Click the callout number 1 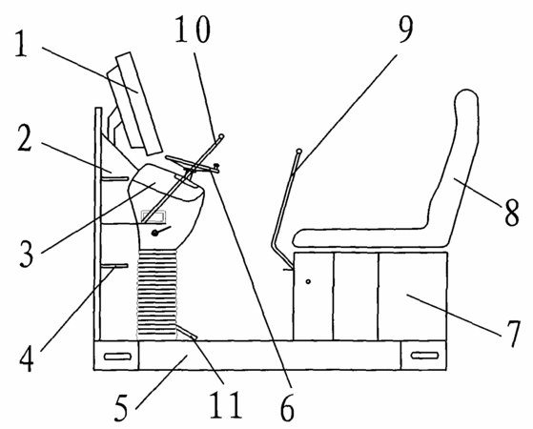pyautogui.click(x=22, y=45)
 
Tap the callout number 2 pyautogui.click(x=25, y=137)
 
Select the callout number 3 pyautogui.click(x=26, y=254)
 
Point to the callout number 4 pyautogui.click(x=26, y=358)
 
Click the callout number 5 pyautogui.click(x=121, y=408)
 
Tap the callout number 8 pyautogui.click(x=512, y=213)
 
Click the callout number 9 pyautogui.click(x=405, y=30)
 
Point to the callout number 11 pyautogui.click(x=226, y=405)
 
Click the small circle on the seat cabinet pyautogui.click(x=308, y=281)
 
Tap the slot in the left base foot pyautogui.click(x=117, y=357)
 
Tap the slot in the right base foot pyautogui.click(x=424, y=356)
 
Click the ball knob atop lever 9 pyautogui.click(x=299, y=151)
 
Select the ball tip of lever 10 pyautogui.click(x=221, y=136)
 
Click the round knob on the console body pyautogui.click(x=155, y=233)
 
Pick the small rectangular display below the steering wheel pyautogui.click(x=154, y=216)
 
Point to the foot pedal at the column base pyautogui.click(x=187, y=332)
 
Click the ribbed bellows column pyautogui.click(x=156, y=295)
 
